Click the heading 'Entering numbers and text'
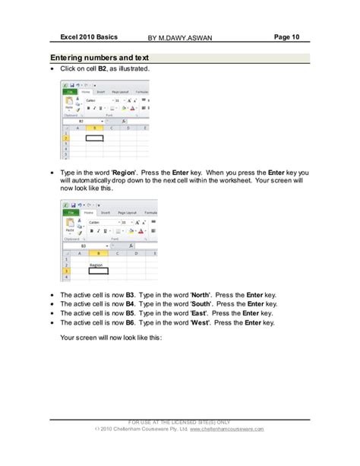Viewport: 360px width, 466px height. coord(99,59)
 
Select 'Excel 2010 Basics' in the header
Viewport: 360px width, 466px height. coord(84,36)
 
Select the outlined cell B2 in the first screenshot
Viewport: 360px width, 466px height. coord(94,138)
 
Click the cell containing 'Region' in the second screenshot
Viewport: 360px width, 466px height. coord(96,265)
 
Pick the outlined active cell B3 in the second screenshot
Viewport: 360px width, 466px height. coord(97,271)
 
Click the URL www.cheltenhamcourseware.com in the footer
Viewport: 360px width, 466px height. coord(227,429)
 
